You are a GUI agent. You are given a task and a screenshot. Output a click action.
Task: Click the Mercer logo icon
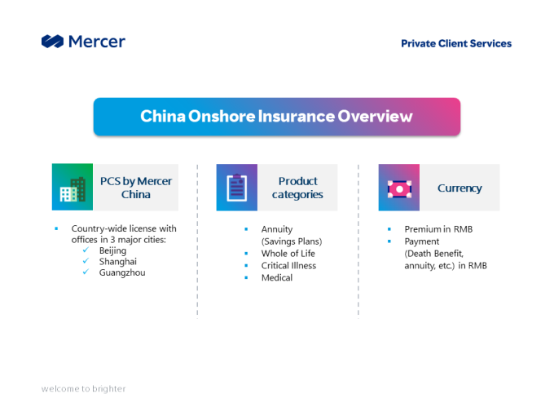[x=53, y=42]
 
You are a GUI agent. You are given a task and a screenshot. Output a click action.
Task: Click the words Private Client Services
[x=456, y=43]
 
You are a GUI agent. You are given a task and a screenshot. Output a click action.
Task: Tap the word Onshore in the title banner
[x=222, y=117]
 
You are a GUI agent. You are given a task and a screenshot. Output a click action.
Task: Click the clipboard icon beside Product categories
[x=237, y=188]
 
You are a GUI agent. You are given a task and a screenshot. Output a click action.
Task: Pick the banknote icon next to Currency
[x=399, y=189]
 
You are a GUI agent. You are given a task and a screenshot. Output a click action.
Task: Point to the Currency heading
[x=459, y=188]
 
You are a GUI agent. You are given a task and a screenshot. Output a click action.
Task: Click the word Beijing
[x=112, y=250]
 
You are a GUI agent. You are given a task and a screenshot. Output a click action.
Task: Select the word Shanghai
[x=117, y=261]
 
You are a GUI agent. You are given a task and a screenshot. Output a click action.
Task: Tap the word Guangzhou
[x=122, y=272]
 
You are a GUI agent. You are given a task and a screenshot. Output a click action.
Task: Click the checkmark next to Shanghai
[x=86, y=261]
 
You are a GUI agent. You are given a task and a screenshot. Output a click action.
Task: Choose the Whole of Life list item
[x=288, y=254]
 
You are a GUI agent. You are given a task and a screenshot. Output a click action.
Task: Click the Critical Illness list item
[x=288, y=266]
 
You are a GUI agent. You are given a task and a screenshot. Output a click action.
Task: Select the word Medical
[x=277, y=277]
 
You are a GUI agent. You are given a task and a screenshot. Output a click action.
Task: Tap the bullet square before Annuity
[x=246, y=229]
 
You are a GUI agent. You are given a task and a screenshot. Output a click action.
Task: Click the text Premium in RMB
[x=438, y=229]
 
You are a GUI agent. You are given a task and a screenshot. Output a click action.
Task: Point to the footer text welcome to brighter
[x=83, y=389]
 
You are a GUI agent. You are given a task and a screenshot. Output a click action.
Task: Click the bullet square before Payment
[x=389, y=241]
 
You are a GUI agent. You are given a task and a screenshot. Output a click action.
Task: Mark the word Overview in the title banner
[x=375, y=117]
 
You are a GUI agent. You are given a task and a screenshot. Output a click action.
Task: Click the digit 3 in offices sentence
[x=112, y=240]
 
